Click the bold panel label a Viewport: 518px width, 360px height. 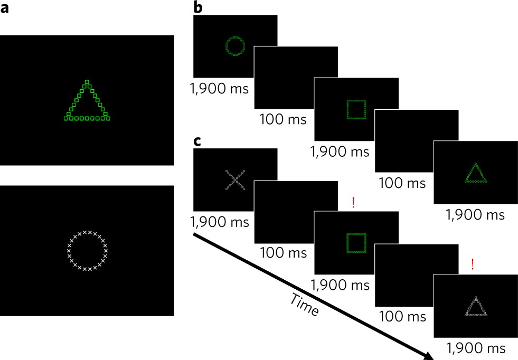pos(6,10)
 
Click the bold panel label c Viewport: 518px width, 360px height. pos(198,142)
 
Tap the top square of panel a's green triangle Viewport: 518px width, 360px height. pos(88,82)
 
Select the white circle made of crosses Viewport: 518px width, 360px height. pos(87,251)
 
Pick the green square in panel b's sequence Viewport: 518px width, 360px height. pos(355,109)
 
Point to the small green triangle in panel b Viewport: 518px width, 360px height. pos(476,173)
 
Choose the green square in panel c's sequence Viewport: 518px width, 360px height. pos(355,242)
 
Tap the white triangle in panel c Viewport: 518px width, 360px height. pos(475,307)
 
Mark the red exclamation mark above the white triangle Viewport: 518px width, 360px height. pos(472,264)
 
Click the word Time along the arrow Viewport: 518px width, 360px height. pos(304,305)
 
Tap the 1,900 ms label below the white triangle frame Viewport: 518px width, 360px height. pos(475,348)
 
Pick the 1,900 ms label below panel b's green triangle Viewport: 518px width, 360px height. pos(475,215)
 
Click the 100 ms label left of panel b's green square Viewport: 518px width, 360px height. pos(283,119)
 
